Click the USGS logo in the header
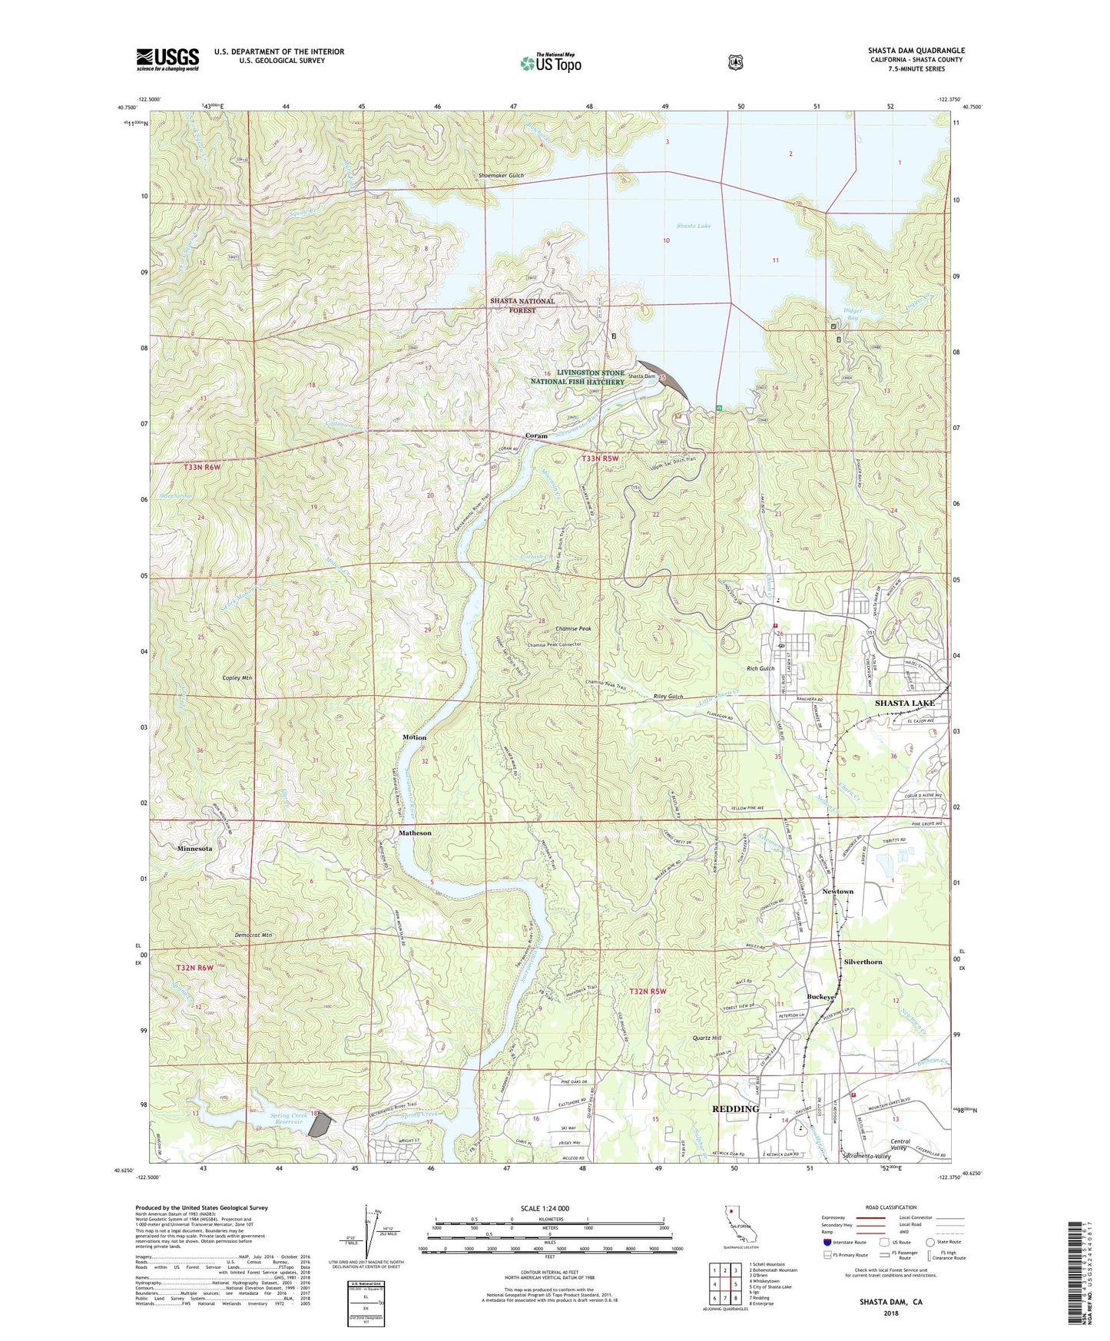tap(167, 59)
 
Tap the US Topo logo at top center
tap(550, 63)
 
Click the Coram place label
tap(536, 435)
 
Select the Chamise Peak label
tap(568, 629)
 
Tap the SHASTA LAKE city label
tap(904, 703)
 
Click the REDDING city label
tap(735, 1109)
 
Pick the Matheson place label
tap(415, 833)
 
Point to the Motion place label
tap(414, 737)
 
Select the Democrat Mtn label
tap(252, 935)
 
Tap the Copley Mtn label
tap(237, 678)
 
